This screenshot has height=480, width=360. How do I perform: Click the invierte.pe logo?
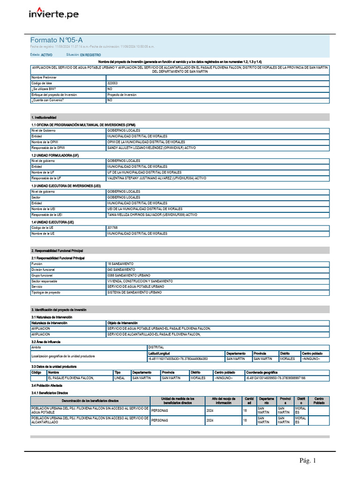click(x=54, y=14)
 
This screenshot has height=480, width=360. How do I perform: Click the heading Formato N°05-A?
click(x=57, y=40)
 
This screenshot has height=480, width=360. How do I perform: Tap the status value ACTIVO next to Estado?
click(x=46, y=55)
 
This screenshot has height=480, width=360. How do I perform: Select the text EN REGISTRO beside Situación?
click(x=90, y=55)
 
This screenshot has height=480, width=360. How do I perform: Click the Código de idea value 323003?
click(x=112, y=83)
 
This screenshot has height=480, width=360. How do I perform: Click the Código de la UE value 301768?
click(x=112, y=227)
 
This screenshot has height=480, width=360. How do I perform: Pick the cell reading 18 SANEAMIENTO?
click(x=120, y=264)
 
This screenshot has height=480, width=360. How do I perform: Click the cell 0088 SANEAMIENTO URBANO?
click(x=128, y=275)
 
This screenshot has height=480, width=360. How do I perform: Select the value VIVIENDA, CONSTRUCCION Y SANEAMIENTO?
click(x=140, y=281)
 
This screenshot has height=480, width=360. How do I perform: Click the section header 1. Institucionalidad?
click(x=44, y=117)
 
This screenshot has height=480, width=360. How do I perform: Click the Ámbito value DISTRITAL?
click(x=156, y=347)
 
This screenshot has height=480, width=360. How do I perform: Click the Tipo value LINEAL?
click(x=120, y=378)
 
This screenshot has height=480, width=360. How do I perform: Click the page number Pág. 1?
click(x=308, y=461)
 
